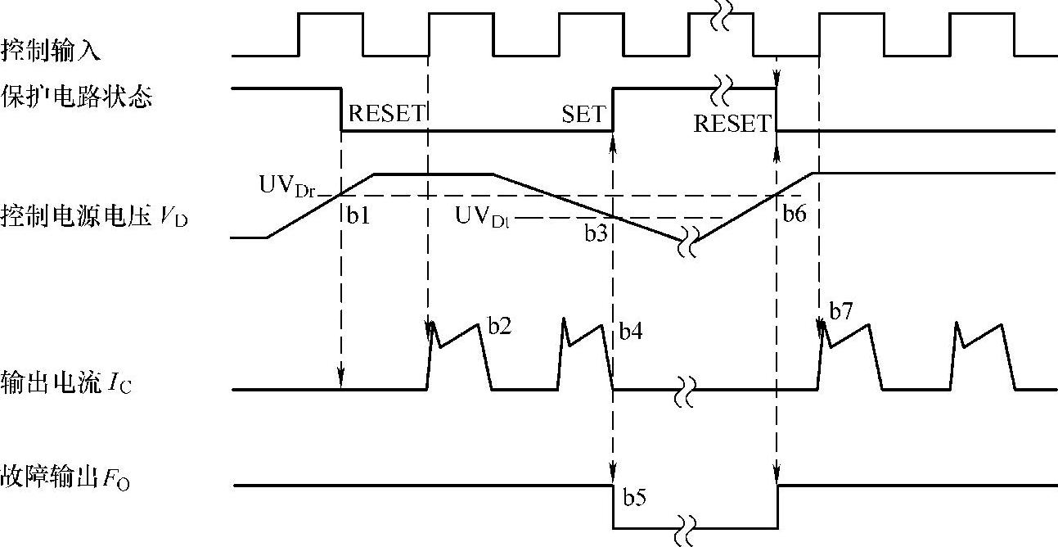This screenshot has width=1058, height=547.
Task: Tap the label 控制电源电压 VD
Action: (94, 218)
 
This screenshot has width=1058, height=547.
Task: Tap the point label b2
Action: (501, 325)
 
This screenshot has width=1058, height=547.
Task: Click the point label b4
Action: (632, 332)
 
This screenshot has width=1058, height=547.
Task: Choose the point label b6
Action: (795, 215)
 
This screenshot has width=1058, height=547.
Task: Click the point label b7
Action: (841, 312)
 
